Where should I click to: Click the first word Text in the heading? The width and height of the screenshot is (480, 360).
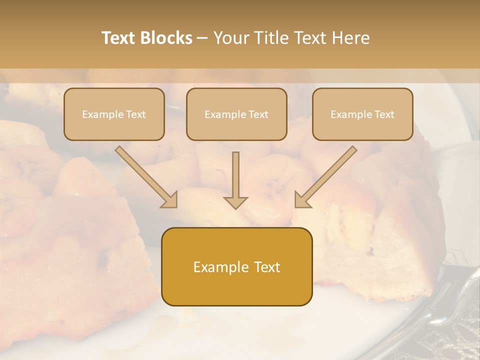point(120,38)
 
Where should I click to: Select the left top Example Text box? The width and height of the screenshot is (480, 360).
point(114,114)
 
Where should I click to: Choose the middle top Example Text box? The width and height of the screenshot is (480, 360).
point(236,114)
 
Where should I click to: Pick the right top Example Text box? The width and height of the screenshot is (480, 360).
point(362,114)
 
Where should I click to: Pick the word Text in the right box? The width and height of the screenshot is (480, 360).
point(383,114)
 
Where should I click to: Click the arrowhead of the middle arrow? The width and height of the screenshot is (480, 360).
point(235,202)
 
